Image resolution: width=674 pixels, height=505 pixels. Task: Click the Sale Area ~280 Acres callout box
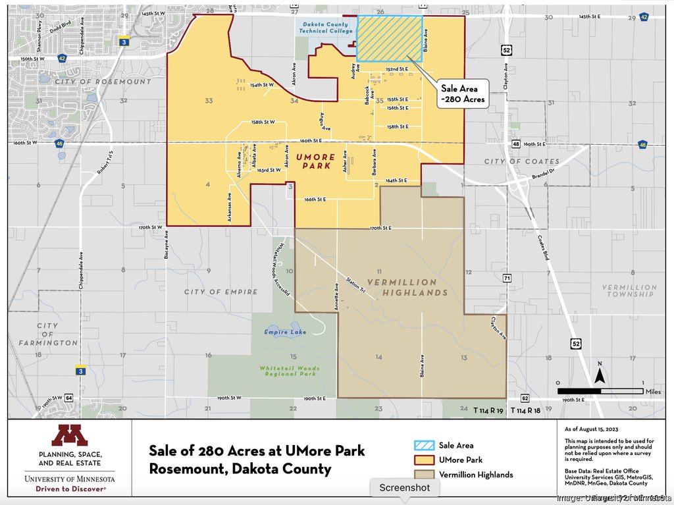[463, 94]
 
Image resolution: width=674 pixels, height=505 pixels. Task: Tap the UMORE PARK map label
[315, 161]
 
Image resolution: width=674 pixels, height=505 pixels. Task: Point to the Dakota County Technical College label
[323, 27]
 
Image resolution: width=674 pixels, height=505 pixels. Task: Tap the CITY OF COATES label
[521, 161]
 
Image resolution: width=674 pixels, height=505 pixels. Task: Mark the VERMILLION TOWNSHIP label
[629, 291]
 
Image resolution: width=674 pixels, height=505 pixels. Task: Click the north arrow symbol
[600, 375]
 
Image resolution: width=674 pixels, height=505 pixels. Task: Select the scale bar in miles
[600, 390]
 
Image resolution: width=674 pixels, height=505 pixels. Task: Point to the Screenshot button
[404, 488]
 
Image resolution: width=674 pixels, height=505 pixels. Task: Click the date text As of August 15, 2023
[592, 429]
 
